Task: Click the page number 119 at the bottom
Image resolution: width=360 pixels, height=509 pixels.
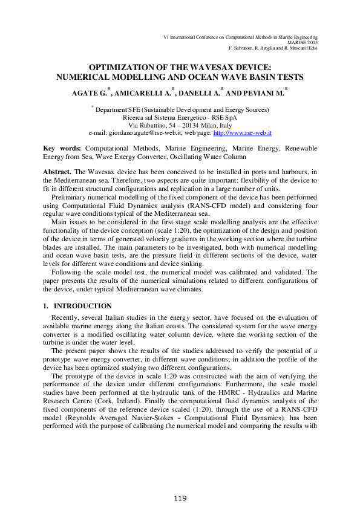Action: tap(180, 498)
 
